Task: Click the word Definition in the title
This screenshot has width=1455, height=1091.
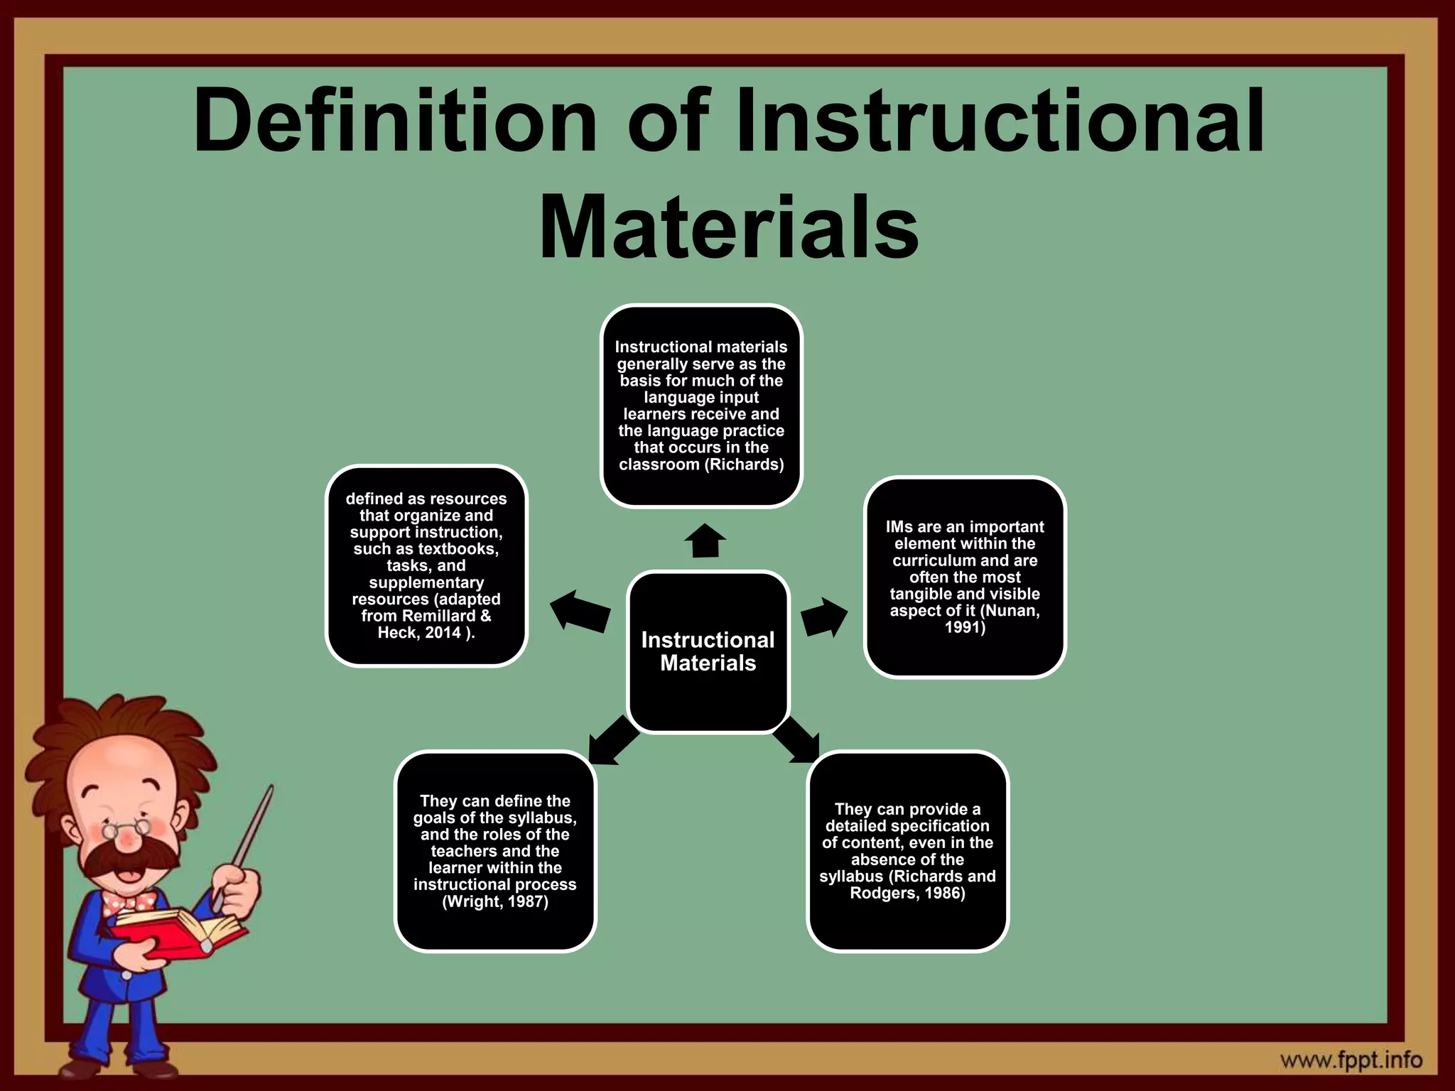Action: pyautogui.click(x=394, y=121)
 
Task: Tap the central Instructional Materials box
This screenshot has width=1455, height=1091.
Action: pyautogui.click(x=708, y=651)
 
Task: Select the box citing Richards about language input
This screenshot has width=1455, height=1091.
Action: pyautogui.click(x=701, y=406)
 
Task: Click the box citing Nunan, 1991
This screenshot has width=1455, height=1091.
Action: pyautogui.click(x=965, y=577)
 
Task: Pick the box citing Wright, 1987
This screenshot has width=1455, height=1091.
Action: pyautogui.click(x=495, y=851)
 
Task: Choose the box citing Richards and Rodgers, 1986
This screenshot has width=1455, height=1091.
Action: pyautogui.click(x=907, y=851)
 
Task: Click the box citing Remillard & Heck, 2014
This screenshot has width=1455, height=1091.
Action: pyautogui.click(x=426, y=565)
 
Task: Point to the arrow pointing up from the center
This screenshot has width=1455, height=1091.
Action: pyautogui.click(x=705, y=541)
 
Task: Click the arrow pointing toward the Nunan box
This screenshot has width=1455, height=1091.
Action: pyautogui.click(x=824, y=617)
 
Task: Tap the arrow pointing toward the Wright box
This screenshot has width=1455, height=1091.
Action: pyautogui.click(x=612, y=741)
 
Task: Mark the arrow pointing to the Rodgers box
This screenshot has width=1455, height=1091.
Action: pyautogui.click(x=796, y=740)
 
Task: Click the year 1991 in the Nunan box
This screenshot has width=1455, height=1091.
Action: pyautogui.click(x=965, y=628)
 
